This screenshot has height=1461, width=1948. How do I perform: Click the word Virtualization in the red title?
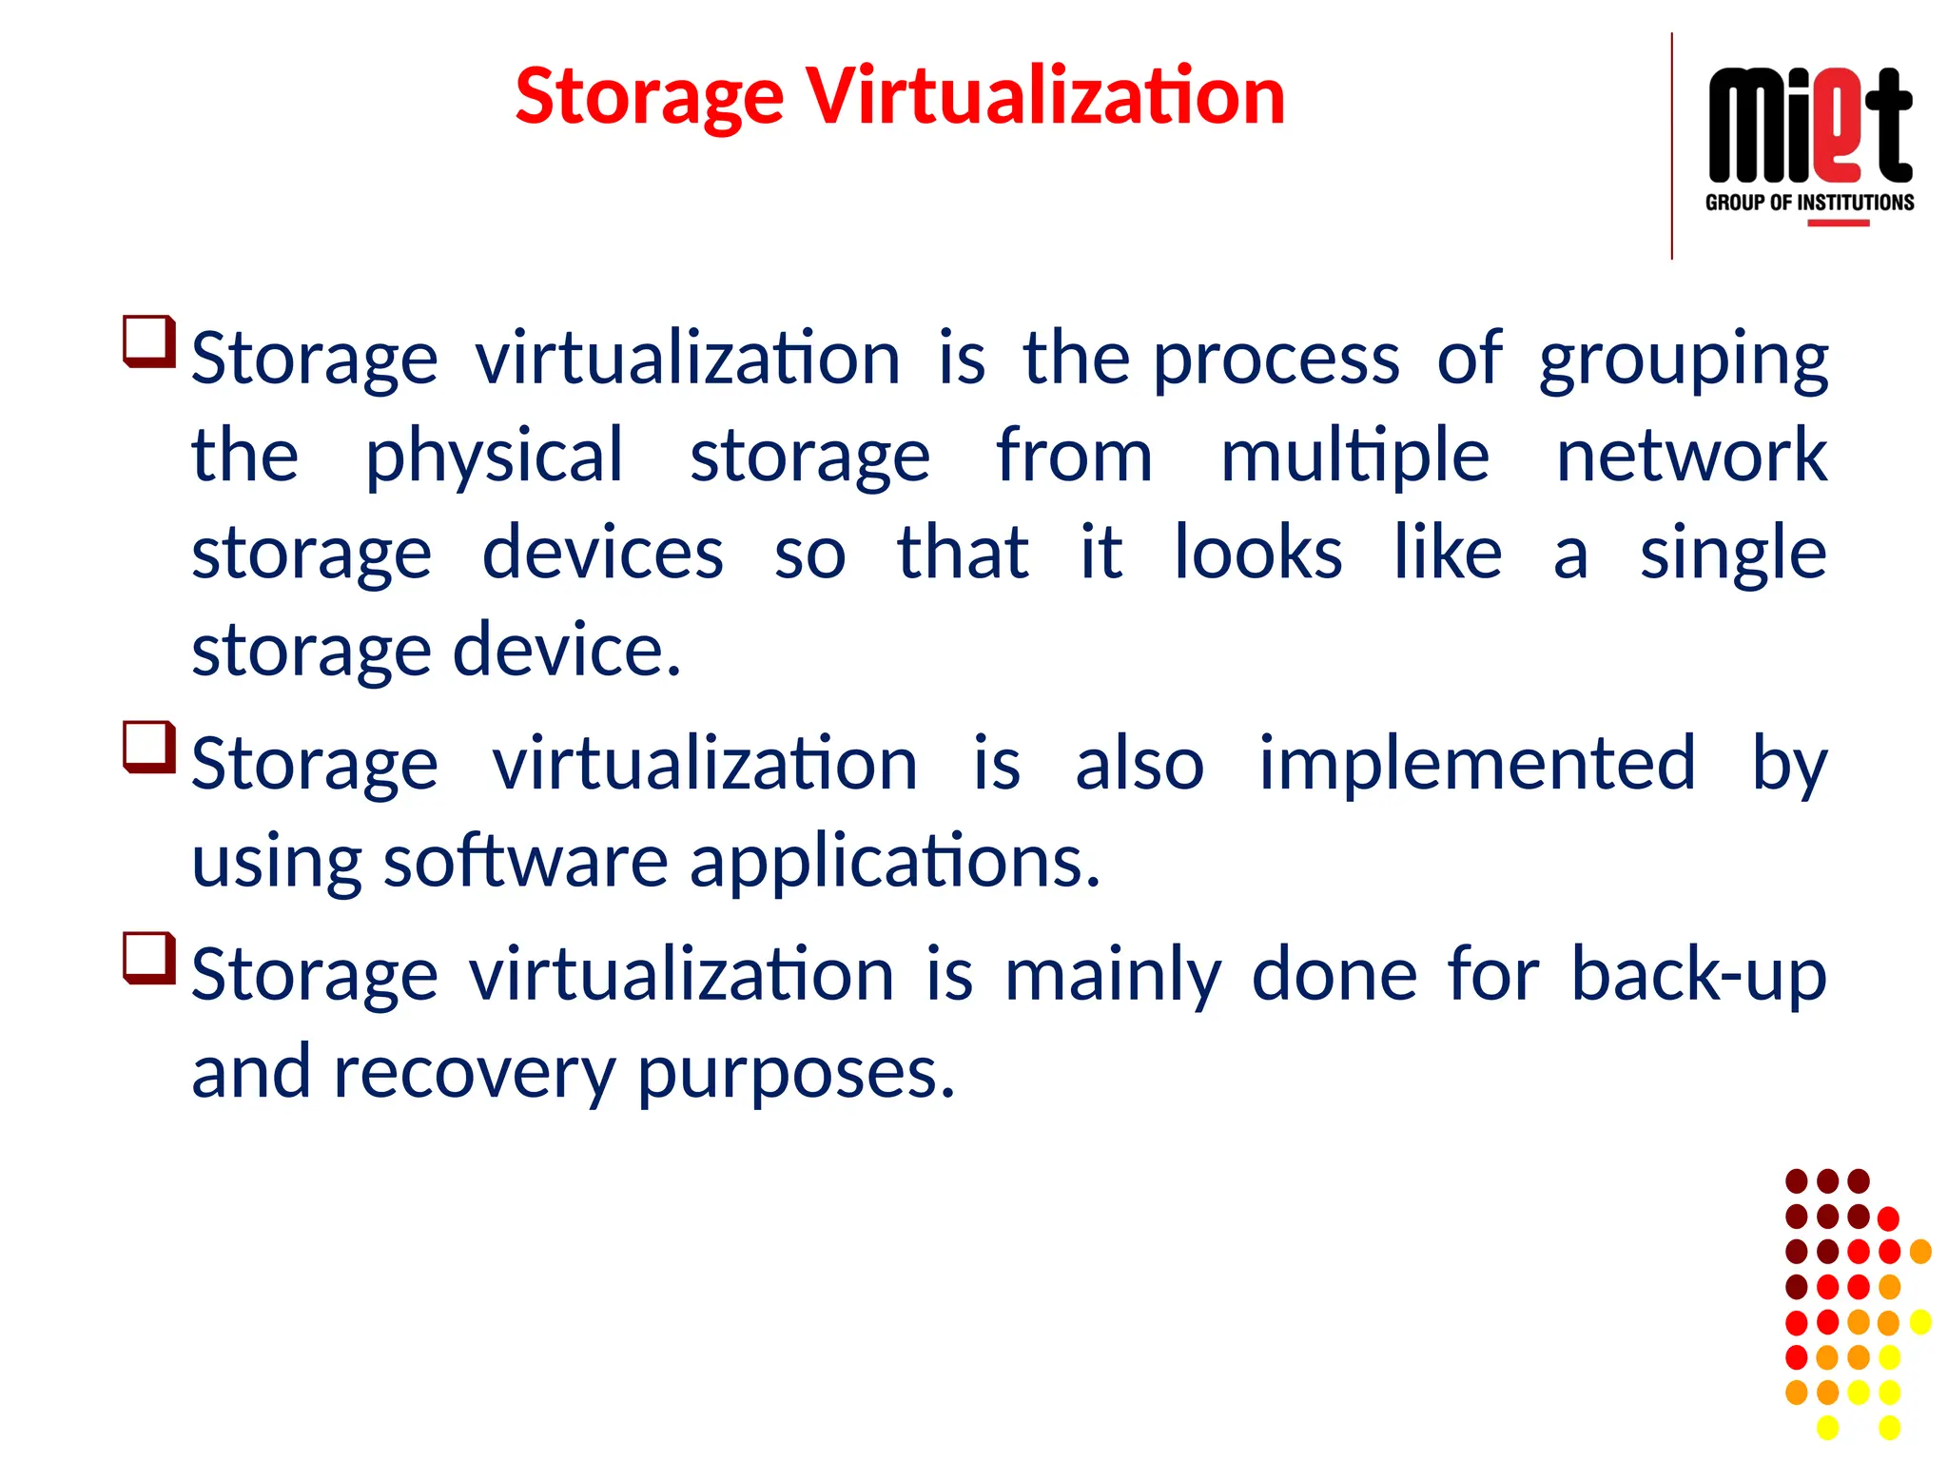click(1045, 96)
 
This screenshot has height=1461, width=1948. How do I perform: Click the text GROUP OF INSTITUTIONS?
click(1809, 203)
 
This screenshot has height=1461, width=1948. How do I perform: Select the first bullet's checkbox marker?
click(149, 341)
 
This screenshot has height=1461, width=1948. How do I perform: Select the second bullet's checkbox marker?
click(149, 747)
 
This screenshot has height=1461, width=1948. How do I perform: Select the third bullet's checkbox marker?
click(149, 958)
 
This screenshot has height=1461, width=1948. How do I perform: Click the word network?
click(1690, 457)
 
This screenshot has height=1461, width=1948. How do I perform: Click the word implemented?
click(1476, 763)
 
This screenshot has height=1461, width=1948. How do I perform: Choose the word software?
click(525, 862)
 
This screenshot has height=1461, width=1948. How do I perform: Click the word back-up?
click(1698, 974)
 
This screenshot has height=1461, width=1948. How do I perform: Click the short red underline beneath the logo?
click(1838, 224)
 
